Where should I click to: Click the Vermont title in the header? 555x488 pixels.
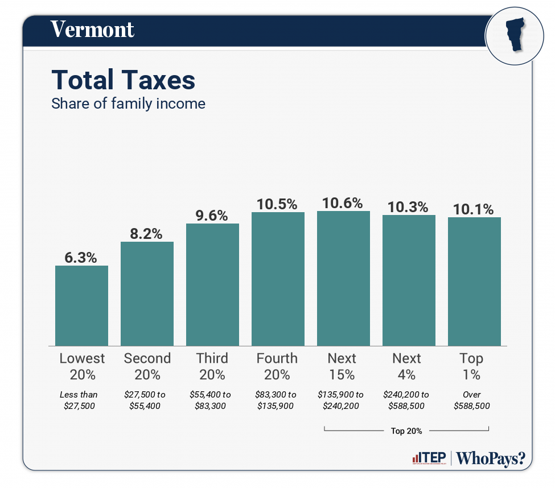(x=92, y=30)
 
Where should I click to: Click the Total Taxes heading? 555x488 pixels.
(x=123, y=80)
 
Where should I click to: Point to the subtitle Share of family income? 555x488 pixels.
(x=128, y=104)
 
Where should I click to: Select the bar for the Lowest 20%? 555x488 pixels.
(x=81, y=305)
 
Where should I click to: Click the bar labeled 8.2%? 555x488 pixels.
(x=147, y=293)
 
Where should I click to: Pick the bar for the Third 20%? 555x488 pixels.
(x=212, y=284)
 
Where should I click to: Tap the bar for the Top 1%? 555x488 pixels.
(x=474, y=281)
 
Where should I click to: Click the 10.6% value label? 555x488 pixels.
(x=343, y=203)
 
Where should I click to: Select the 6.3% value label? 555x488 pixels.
(x=81, y=258)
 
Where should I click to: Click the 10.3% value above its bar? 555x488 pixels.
(x=408, y=207)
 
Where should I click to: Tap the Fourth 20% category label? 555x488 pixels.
(x=277, y=366)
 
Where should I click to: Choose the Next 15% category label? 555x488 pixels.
(x=342, y=366)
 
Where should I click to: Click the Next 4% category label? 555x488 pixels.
(x=407, y=366)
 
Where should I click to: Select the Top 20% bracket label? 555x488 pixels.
(x=406, y=431)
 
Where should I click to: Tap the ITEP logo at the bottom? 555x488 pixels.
(x=429, y=458)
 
